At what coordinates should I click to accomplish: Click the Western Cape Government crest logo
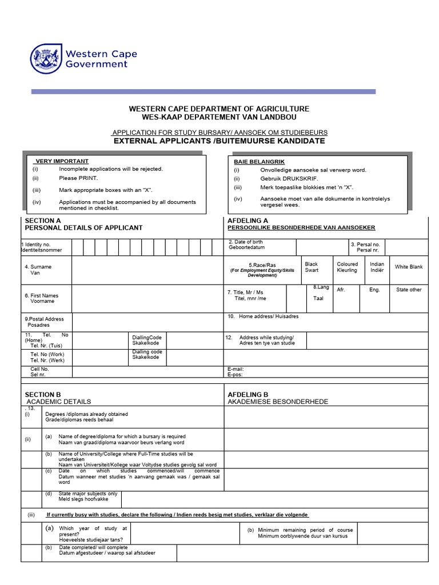pos(45,59)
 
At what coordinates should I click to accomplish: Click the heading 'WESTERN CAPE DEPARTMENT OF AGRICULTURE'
pos(219,109)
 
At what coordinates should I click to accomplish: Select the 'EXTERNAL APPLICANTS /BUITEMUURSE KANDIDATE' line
pos(219,141)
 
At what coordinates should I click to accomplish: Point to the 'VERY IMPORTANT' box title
pos(62,161)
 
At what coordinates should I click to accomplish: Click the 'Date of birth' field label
pos(246,242)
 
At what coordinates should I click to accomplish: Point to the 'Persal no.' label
pos(368,245)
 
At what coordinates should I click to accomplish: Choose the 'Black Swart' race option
pos(312,267)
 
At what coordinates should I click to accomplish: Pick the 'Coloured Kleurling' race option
pos(347,267)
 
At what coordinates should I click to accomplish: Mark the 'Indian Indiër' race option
pos(377,267)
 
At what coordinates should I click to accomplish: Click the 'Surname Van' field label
pos(38,270)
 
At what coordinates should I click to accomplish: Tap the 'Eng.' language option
pos(374,290)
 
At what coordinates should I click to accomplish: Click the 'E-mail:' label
pos(236,370)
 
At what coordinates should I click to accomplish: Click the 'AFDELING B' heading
pos(248,394)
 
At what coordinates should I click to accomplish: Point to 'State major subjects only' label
pos(88,494)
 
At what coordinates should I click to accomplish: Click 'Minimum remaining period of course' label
pos(305,530)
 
